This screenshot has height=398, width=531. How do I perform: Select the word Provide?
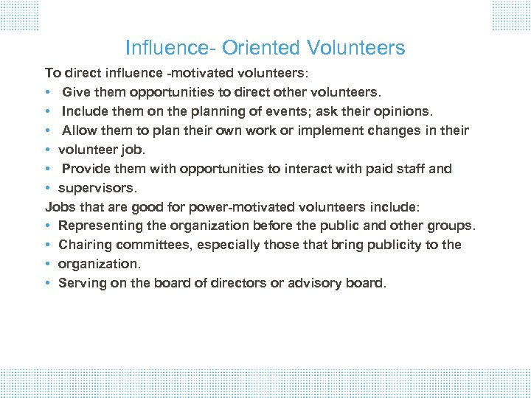coord(85,168)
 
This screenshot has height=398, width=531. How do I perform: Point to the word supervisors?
coord(97,187)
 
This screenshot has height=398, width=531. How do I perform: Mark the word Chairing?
coord(83,245)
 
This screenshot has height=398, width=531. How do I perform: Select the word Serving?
coord(80,283)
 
